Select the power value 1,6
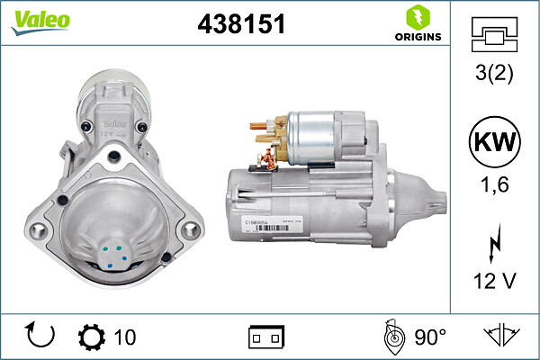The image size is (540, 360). pyautogui.click(x=494, y=185)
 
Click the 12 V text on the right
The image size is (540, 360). pyautogui.click(x=494, y=280)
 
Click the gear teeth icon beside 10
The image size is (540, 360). pyautogui.click(x=92, y=337)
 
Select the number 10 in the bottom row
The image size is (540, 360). pyautogui.click(x=126, y=337)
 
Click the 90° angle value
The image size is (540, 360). pyautogui.click(x=430, y=337)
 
